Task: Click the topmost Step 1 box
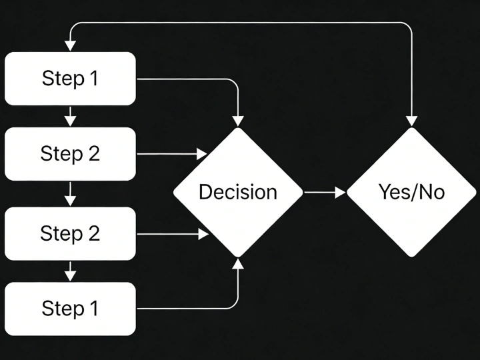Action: (x=70, y=79)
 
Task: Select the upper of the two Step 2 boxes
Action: (x=70, y=154)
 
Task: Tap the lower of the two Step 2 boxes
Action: (x=70, y=233)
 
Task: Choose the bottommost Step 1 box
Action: (x=70, y=309)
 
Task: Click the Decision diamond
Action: (x=238, y=192)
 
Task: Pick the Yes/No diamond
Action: (x=411, y=192)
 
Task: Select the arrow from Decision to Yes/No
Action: (x=325, y=193)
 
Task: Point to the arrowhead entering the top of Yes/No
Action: (x=411, y=121)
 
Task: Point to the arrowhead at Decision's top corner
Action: (x=238, y=121)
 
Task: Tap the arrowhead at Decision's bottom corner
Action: (x=238, y=264)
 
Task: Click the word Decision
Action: (x=238, y=192)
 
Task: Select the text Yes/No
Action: (x=411, y=192)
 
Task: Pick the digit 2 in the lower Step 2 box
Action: (x=93, y=233)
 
